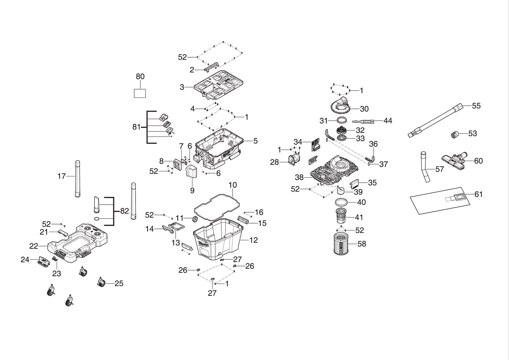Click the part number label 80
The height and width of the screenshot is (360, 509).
point(140,76)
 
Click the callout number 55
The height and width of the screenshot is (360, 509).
point(476,106)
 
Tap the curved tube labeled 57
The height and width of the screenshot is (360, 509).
point(424,167)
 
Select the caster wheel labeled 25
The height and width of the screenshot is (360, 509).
point(101,282)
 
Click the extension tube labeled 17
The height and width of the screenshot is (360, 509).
point(78,179)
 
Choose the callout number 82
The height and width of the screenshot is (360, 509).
point(124,211)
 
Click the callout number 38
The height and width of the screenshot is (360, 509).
point(299,177)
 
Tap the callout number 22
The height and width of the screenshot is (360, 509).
point(34,246)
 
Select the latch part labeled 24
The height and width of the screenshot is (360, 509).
point(43,262)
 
